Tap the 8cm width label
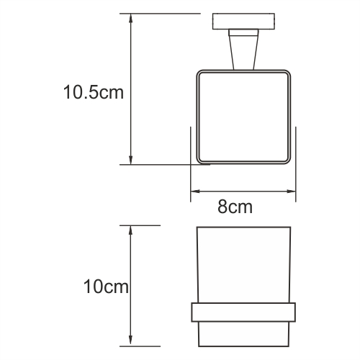pos(235,207)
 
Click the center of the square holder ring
pos(243,117)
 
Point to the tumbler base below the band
pos(243,333)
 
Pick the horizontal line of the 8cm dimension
pos(243,192)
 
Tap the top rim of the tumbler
pos(243,228)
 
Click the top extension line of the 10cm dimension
pos(140,225)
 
